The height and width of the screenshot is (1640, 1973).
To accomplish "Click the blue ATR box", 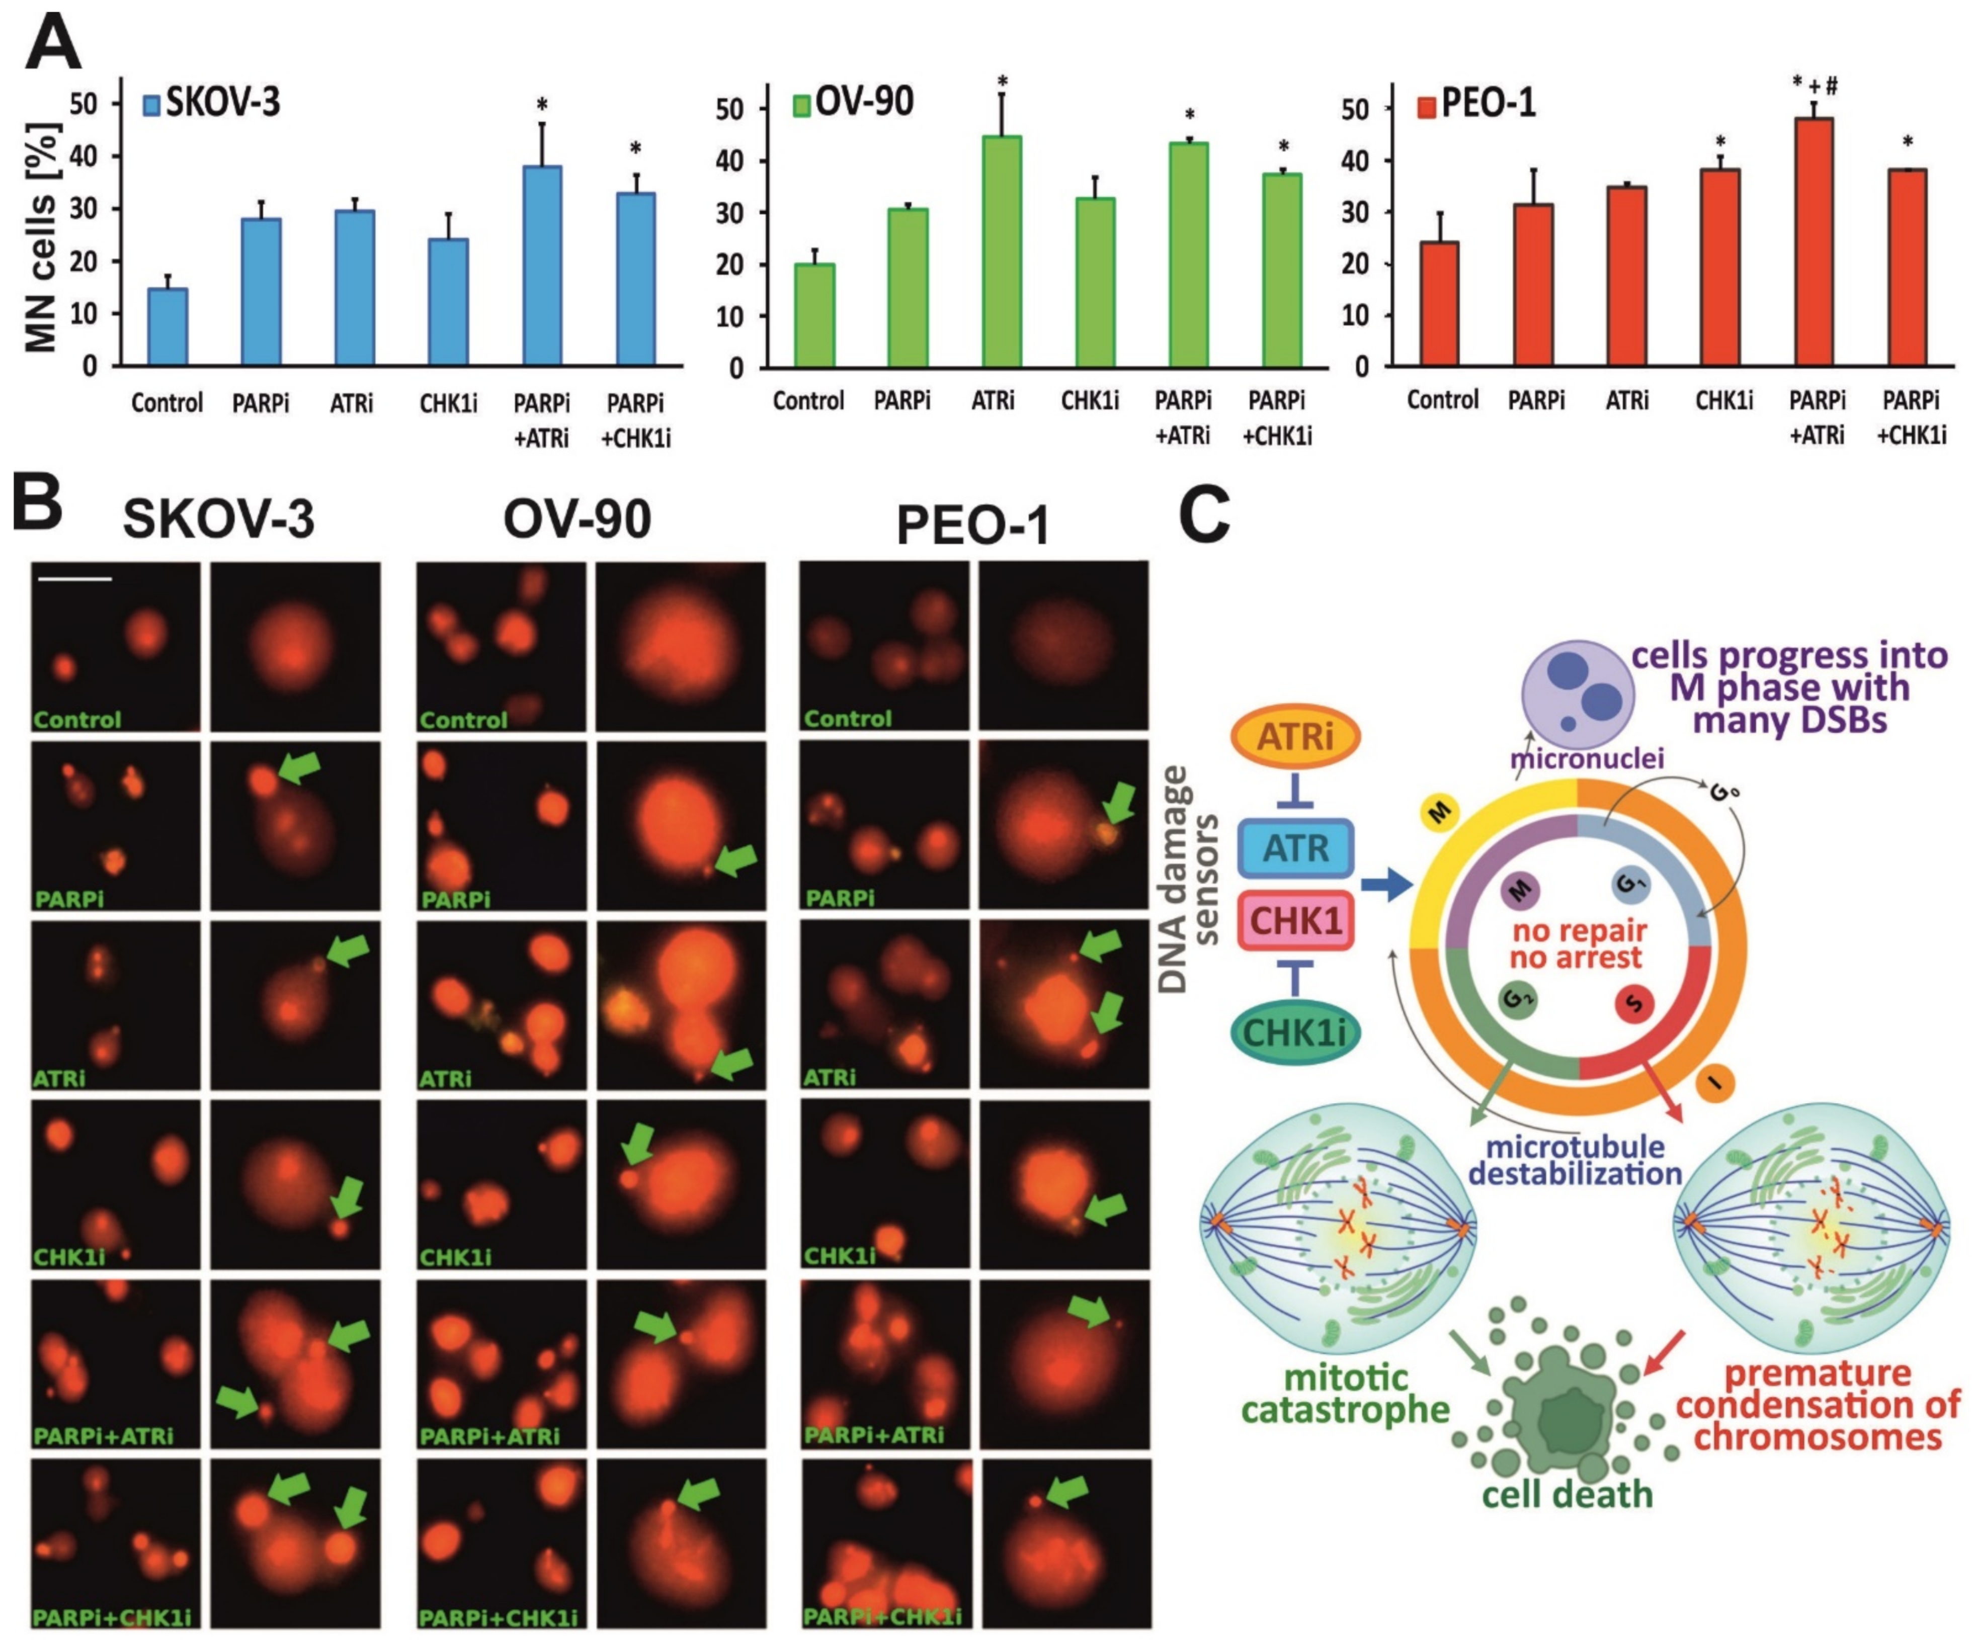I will click(1295, 848).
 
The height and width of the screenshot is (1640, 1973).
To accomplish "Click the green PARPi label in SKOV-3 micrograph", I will click(68, 899).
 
